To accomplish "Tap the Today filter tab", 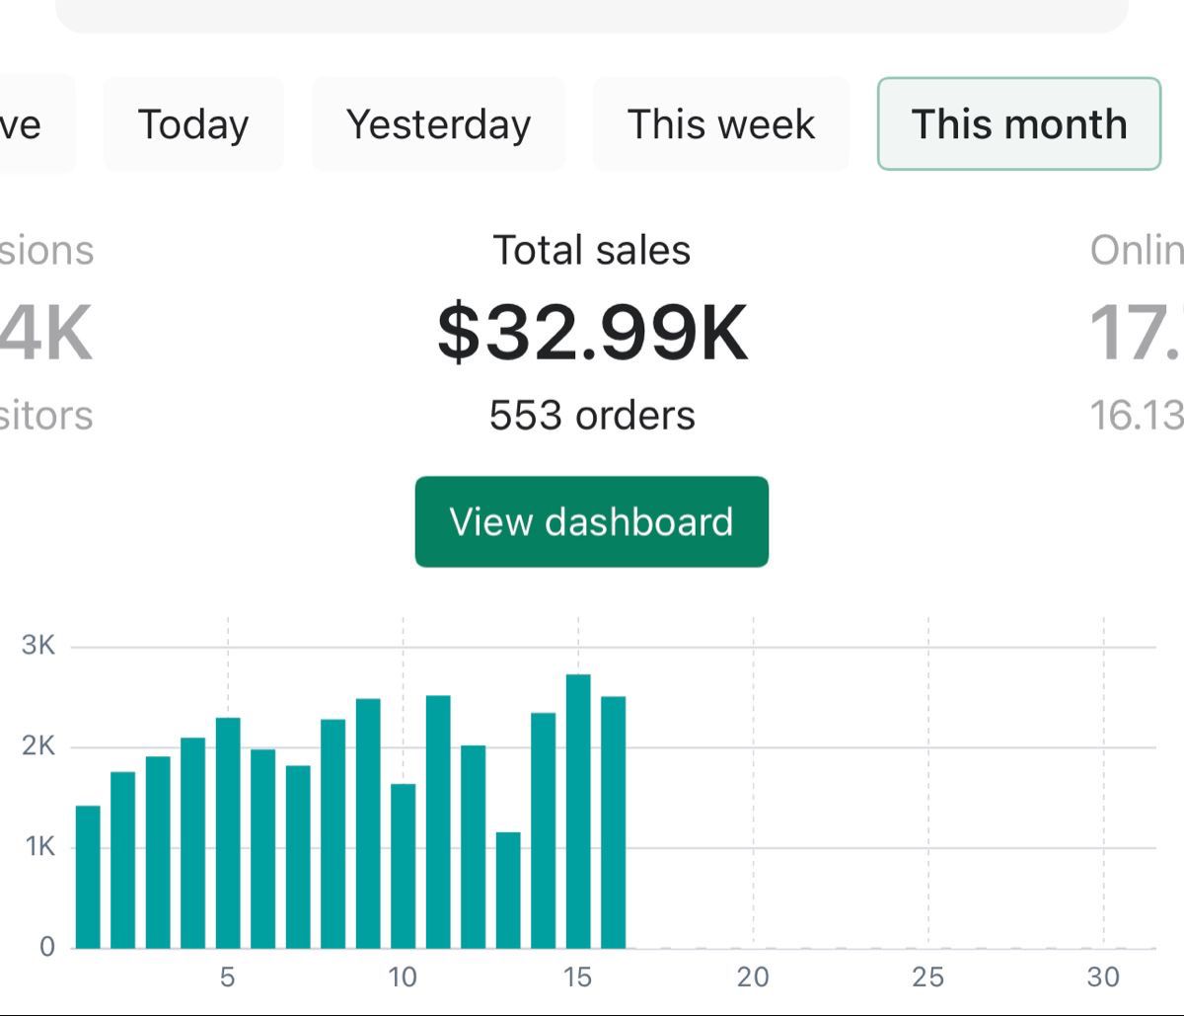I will coord(193,124).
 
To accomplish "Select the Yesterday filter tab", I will coord(438,124).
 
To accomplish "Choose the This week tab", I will coord(721,124).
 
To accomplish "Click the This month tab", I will coord(1018,124).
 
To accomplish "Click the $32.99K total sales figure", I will coord(592,333).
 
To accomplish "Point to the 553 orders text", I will coord(592,416).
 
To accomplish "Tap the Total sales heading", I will coord(592,250).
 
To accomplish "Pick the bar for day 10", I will coord(403,866).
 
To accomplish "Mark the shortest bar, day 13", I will coord(508,890).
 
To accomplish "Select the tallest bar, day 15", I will coord(578,811).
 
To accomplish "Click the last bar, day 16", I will coord(613,821).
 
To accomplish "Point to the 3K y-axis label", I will coord(38,646).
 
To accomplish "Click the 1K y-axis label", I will coord(38,847).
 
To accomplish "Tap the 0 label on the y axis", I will coord(47,948).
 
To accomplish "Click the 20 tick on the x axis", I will coord(753,977).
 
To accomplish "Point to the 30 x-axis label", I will coord(1103,977).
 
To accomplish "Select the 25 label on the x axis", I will coord(927,977).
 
